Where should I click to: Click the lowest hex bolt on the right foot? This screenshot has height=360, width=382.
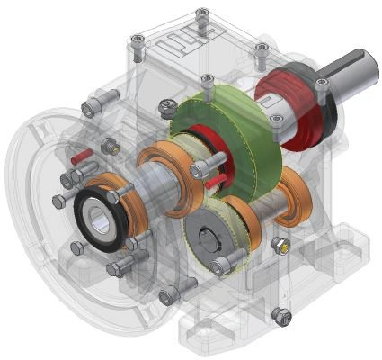[280, 316]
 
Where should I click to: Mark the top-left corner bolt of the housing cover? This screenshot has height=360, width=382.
[137, 41]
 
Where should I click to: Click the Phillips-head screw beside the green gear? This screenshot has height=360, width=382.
[167, 108]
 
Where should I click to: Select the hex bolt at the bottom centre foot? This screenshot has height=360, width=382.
[168, 294]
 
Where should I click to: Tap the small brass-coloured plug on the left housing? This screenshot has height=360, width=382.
[112, 146]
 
